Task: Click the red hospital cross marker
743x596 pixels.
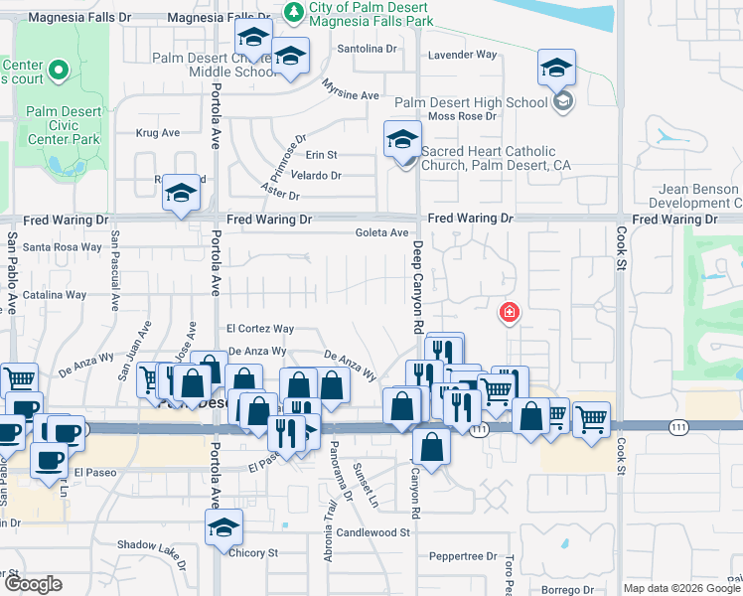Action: click(510, 313)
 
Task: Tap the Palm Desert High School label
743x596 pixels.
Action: click(471, 101)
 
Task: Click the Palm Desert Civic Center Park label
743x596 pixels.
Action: click(64, 125)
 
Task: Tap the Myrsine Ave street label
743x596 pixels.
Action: click(351, 95)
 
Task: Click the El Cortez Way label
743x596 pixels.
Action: click(260, 329)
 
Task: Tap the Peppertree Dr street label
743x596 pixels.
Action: click(463, 556)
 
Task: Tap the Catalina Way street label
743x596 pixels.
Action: click(56, 295)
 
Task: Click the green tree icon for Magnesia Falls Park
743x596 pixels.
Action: click(294, 11)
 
